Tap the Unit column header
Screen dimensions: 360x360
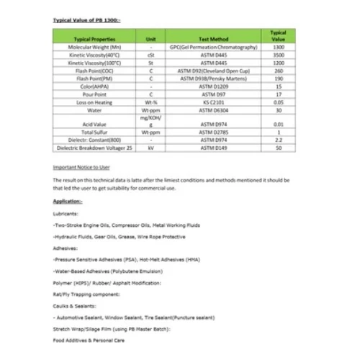tap(150, 38)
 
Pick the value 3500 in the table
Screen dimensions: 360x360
tap(278, 54)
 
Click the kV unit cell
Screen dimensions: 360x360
tap(150, 148)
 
